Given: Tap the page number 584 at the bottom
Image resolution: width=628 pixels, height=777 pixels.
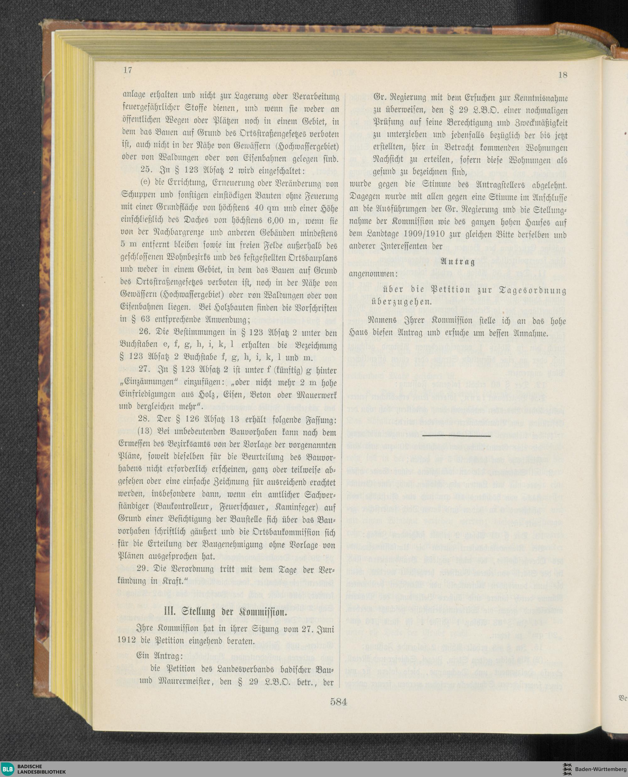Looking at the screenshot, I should pyautogui.click(x=338, y=701).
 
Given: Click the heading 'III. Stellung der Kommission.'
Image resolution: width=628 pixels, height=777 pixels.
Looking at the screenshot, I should pyautogui.click(x=226, y=612).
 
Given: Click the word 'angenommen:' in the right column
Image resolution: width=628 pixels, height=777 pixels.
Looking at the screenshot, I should pyautogui.click(x=371, y=274).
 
